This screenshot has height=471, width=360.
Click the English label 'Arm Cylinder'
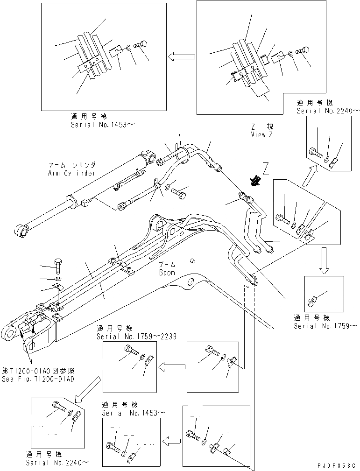pyautogui.click(x=71, y=173)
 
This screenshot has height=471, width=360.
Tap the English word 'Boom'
pyautogui.click(x=167, y=273)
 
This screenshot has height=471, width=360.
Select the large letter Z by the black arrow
pyautogui.click(x=266, y=167)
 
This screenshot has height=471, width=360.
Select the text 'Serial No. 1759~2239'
pyautogui.click(x=136, y=337)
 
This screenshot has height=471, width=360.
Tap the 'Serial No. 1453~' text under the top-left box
pyautogui.click(x=99, y=125)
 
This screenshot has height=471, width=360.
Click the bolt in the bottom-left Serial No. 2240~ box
pyautogui.click(x=57, y=408)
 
